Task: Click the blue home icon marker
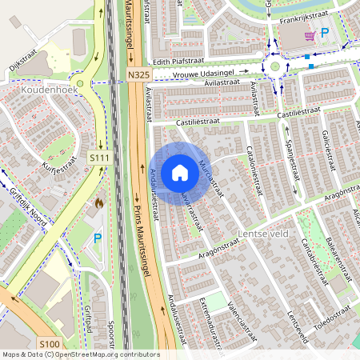180,173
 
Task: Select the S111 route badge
99,158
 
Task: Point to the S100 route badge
49,344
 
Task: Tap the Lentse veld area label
262,234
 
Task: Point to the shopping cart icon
309,36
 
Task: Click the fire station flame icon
98,204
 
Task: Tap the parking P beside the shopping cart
325,34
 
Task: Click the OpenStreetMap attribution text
80,354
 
